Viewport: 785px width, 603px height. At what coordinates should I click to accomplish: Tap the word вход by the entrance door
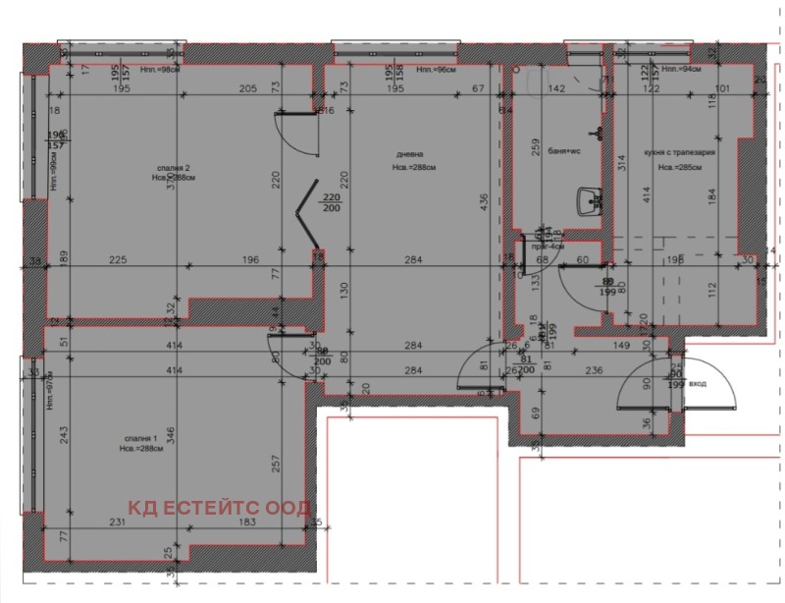click(x=699, y=385)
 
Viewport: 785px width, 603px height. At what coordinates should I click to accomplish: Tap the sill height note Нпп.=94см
click(x=681, y=71)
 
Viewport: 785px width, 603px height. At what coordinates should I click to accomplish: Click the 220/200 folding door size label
click(x=331, y=203)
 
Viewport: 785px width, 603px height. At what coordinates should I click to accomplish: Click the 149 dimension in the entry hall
click(x=621, y=345)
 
